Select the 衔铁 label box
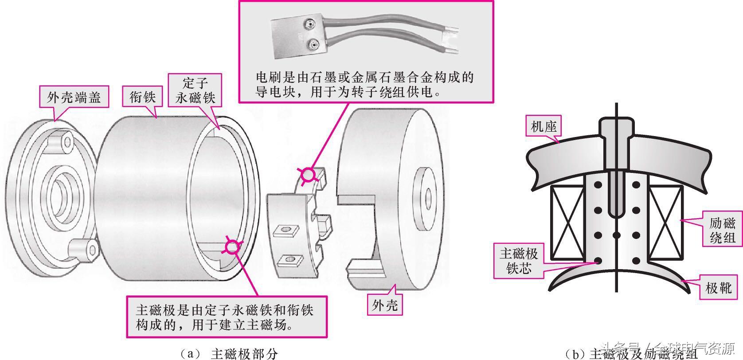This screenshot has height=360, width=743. [x=142, y=97]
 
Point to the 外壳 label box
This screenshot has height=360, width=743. [x=385, y=305]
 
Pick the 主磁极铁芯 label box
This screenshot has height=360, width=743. [x=519, y=260]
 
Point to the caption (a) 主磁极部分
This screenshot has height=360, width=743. [x=229, y=353]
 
